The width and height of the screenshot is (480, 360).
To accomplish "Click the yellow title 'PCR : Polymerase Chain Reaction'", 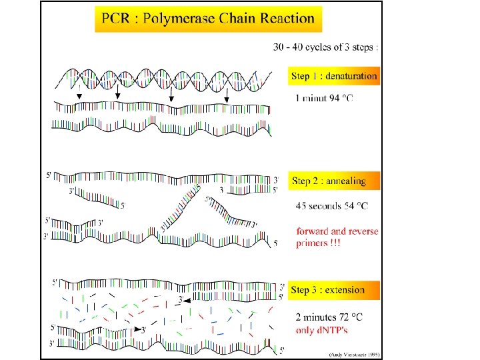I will tap(208, 19).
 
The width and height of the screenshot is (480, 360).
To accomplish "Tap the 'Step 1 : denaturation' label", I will tap(334, 76).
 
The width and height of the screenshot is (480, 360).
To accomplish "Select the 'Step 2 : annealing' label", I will tap(329, 181).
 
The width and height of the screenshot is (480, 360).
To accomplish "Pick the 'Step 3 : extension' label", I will tap(328, 290).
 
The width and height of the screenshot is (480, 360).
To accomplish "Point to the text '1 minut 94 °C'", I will tap(325, 99).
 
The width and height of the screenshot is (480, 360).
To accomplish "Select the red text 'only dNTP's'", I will tap(322, 329).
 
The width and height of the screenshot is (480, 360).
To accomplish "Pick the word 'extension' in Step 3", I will tap(343, 290).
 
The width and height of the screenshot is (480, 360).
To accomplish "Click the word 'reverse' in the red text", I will tap(364, 232).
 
